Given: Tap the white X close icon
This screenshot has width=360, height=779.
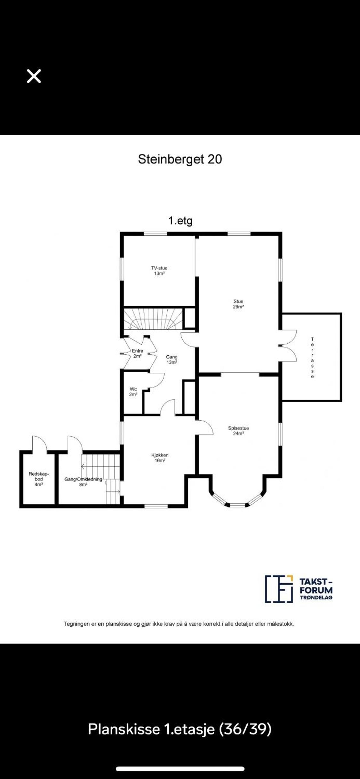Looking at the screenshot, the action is [x=34, y=76].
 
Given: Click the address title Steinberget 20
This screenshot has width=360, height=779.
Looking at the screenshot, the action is [x=180, y=159].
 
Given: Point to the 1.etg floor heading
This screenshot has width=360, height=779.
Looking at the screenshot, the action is [x=180, y=221].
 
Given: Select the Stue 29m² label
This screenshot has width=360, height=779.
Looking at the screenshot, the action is [x=238, y=304].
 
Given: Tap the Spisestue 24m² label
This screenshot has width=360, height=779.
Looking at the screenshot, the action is [x=238, y=431].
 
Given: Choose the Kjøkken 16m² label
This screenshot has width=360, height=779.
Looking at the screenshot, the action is [x=160, y=458].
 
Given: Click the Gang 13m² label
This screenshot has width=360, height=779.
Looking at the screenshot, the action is [x=172, y=360].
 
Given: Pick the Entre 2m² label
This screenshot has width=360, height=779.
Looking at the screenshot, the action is [x=138, y=353].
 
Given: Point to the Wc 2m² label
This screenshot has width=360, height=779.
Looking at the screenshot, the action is [x=133, y=392].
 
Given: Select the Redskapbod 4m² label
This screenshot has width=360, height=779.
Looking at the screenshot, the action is [x=39, y=479].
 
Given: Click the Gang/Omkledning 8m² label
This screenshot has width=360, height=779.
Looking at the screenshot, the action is [x=83, y=482].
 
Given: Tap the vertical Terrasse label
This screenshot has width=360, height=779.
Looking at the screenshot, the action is [x=312, y=358].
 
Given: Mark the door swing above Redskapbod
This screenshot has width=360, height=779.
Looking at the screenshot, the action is [x=39, y=443].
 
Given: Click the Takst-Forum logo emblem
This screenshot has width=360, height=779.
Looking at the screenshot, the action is [x=279, y=589].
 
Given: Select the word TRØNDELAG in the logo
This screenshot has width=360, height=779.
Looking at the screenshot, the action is [x=316, y=597].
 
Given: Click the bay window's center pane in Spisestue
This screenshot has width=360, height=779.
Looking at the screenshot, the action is [x=237, y=505].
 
